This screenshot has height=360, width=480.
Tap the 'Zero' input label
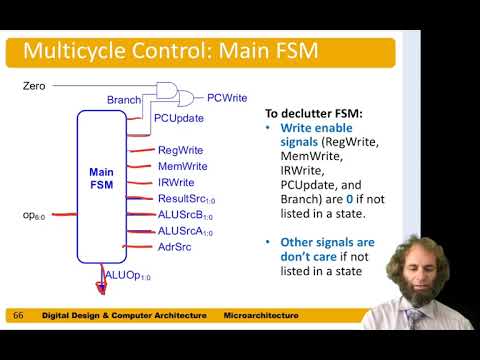[x=34, y=87]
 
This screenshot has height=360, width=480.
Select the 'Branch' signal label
[x=123, y=100]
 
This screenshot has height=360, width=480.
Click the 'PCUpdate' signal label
[x=179, y=118]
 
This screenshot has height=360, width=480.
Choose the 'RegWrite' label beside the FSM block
[x=180, y=150]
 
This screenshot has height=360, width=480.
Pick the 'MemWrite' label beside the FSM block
[x=182, y=165]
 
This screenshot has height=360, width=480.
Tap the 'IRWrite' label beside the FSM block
[x=176, y=182]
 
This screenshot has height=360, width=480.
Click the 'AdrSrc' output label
[x=174, y=246]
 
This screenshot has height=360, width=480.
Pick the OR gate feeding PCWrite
[x=186, y=97]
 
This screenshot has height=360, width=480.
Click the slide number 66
[x=18, y=316]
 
